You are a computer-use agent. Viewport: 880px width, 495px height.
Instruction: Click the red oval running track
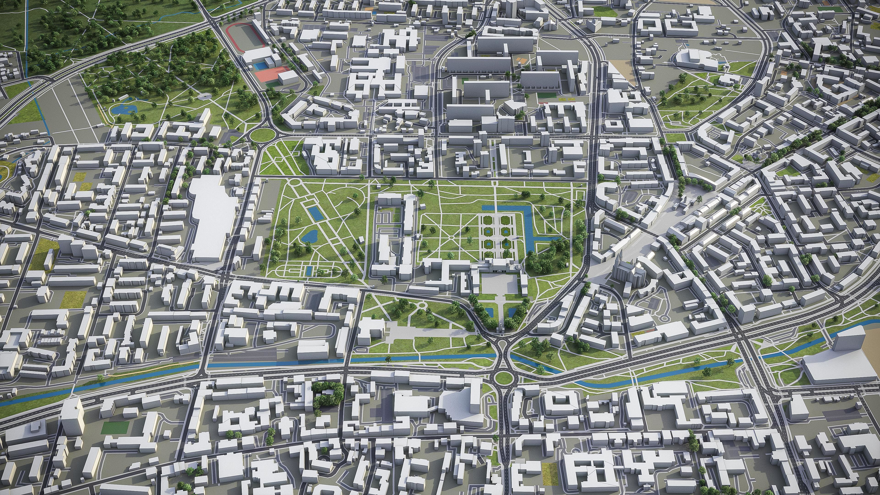[246, 38]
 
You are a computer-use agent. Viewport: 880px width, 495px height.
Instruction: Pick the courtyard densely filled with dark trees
[326, 395]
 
